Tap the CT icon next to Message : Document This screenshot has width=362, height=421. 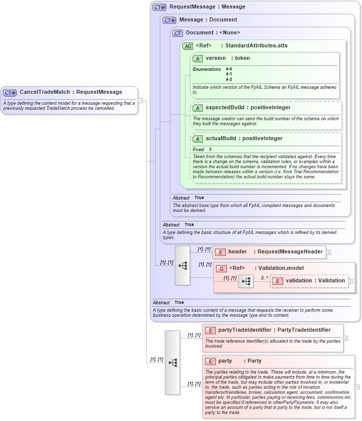pos(170,20)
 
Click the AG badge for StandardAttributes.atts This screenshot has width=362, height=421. pos(188,46)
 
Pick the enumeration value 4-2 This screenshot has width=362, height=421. pos(229,79)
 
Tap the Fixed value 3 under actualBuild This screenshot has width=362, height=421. pos(210,150)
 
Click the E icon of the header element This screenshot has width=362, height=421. pos(220,252)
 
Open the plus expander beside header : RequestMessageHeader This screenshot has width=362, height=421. pos(328,252)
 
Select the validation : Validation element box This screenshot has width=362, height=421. pos(309,281)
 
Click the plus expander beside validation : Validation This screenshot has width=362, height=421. pos(351,281)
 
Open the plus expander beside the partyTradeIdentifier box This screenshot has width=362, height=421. pos(346,338)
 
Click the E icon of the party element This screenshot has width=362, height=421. pos(210,361)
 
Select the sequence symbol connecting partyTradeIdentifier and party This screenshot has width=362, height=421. pos(173,363)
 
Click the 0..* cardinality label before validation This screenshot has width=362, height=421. pos(265,278)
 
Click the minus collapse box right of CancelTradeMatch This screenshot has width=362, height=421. pos(141,100)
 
